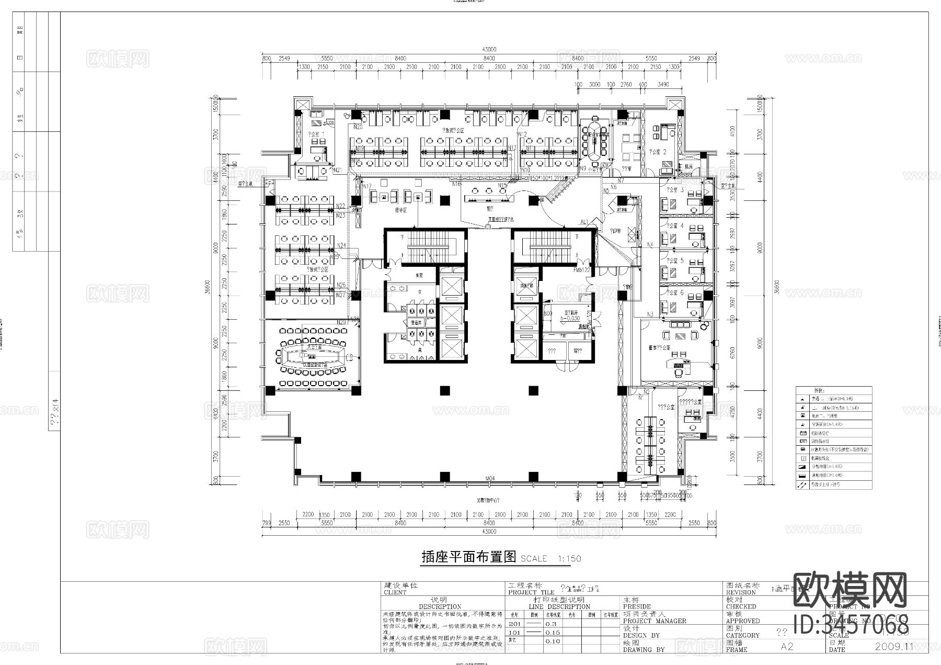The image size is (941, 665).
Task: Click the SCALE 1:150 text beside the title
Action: coord(550,558)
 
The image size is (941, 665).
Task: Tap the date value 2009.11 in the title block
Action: coord(893,646)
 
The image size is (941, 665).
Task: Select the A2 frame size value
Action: coord(787,646)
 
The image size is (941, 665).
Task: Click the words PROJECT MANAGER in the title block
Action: coord(655,621)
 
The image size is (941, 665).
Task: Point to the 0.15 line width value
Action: coord(553,632)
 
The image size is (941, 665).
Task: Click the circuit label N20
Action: coord(358,127)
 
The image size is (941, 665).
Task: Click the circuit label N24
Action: coord(341,245)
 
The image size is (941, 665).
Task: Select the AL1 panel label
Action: coord(584,221)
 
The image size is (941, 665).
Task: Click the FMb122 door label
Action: coord(581,270)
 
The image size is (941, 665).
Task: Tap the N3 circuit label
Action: coord(650,314)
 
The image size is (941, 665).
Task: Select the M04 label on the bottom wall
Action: coord(490,478)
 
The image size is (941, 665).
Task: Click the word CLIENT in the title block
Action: coord(395,593)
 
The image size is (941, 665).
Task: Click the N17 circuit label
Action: coord(367,186)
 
